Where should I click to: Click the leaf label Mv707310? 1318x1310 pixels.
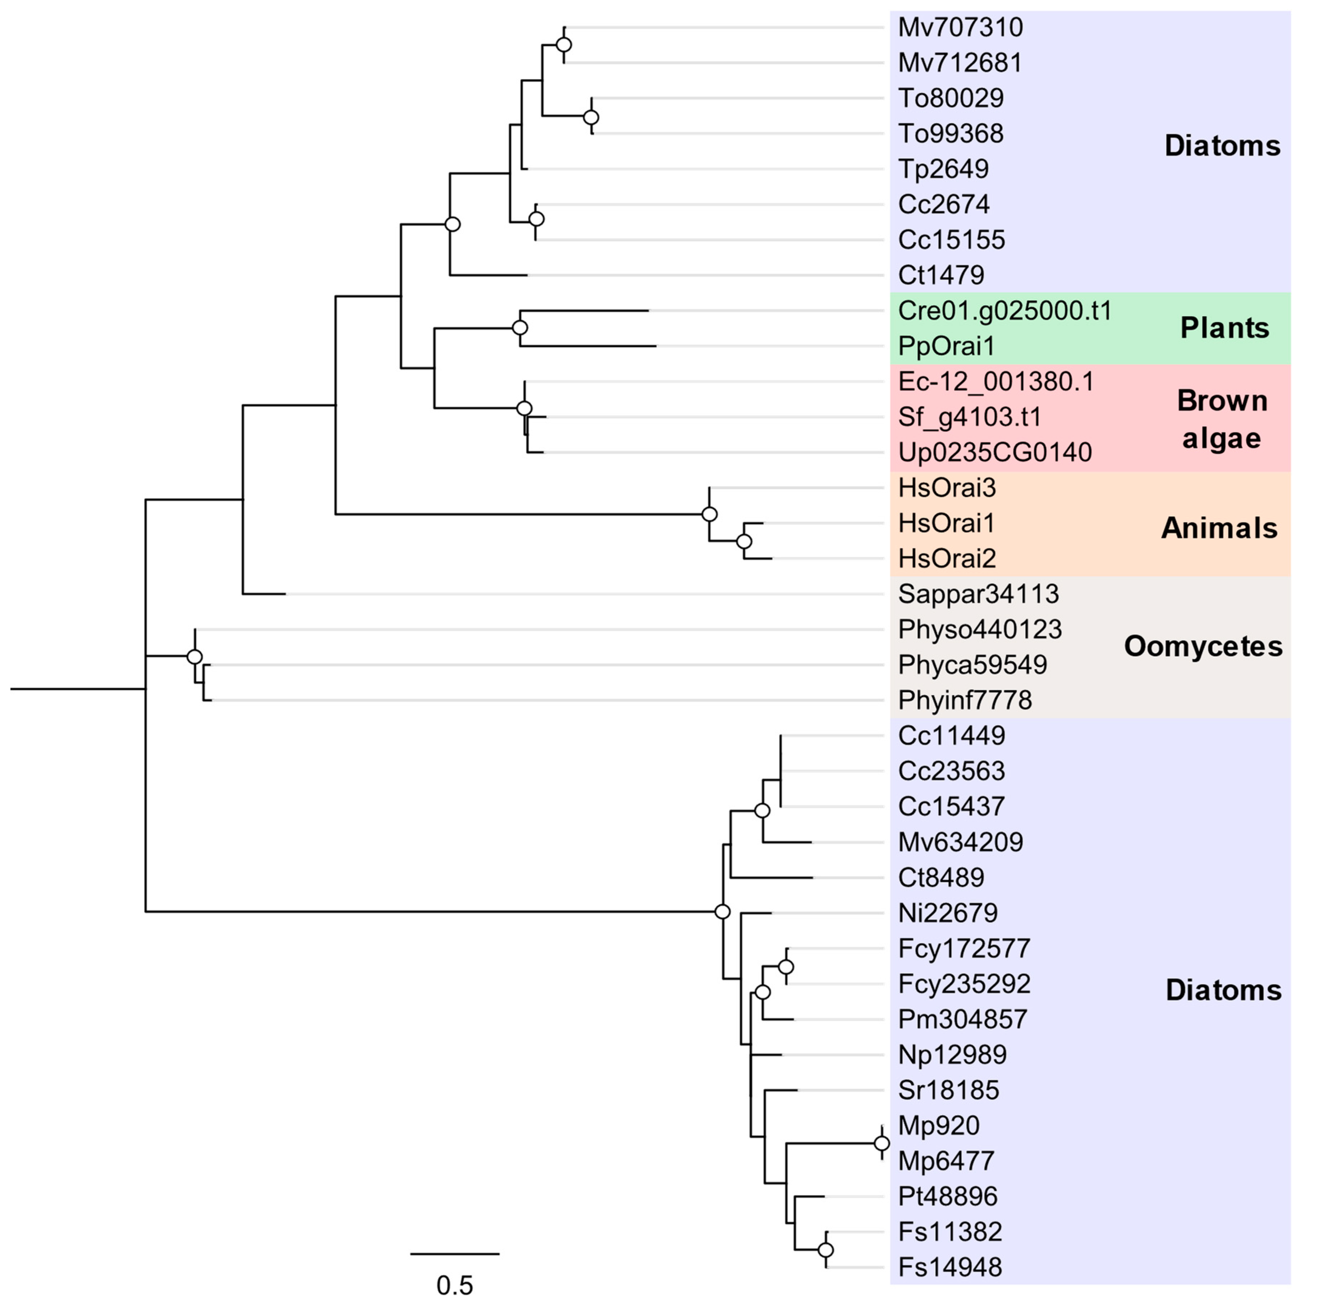(960, 27)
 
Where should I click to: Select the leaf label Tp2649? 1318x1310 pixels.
(943, 169)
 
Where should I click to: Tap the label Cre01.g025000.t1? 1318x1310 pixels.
(1004, 311)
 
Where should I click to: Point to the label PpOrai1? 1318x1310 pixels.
(946, 346)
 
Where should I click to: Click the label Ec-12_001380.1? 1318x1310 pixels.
(995, 381)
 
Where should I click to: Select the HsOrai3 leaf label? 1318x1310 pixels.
(947, 488)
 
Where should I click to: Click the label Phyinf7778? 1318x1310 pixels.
(965, 700)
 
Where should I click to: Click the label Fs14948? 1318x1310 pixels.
(949, 1267)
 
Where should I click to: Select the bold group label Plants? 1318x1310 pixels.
(1225, 328)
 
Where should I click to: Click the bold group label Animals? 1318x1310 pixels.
(1219, 528)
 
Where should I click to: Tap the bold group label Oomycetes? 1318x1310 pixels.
(1203, 646)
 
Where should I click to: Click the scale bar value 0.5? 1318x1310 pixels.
(454, 1286)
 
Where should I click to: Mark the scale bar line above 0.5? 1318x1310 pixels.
(454, 1253)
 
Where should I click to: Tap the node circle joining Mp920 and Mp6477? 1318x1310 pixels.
(882, 1143)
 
